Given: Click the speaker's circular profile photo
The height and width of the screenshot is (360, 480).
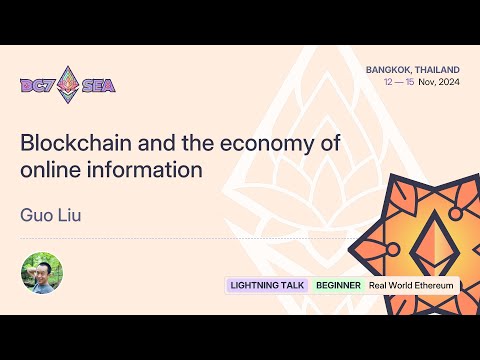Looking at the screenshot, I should click(42, 273).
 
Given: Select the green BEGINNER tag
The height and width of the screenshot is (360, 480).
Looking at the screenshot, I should click(338, 285).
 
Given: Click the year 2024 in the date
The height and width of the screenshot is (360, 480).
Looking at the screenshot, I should click(446, 83).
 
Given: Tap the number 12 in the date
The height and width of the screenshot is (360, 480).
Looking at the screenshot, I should click(388, 83).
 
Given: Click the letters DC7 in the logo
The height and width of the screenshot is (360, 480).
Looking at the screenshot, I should click(39, 85).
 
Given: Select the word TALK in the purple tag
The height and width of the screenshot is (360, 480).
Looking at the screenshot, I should click(291, 285).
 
